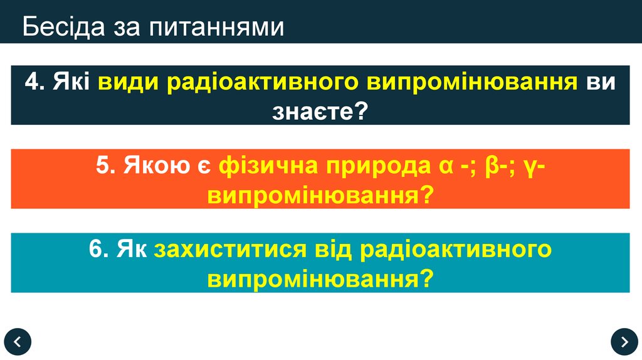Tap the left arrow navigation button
point(17,341)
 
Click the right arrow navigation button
point(624,341)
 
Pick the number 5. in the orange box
point(106,166)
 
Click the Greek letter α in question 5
point(439,167)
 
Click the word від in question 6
point(334,249)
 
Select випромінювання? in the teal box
point(320,278)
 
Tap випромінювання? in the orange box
point(320,195)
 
